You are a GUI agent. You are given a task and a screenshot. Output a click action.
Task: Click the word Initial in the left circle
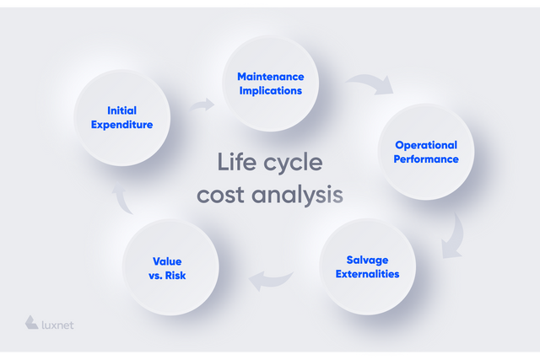point(121,110)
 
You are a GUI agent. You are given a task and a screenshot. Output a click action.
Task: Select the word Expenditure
point(121,125)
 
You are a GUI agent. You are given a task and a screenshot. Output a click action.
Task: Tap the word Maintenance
point(271,77)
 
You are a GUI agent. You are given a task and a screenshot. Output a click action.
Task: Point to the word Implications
point(271,91)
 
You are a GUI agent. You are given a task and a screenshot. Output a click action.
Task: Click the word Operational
point(426,145)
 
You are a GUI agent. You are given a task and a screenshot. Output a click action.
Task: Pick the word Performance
point(426,159)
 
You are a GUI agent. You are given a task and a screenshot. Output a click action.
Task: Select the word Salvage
point(368,261)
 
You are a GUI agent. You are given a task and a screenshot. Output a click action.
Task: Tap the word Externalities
point(368,274)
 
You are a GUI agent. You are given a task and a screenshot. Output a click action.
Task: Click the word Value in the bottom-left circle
point(167,261)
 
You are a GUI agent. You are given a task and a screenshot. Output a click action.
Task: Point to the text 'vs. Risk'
point(167,276)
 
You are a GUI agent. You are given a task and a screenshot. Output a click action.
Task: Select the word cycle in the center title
point(293,163)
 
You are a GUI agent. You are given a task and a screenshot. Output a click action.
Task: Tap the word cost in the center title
point(220,195)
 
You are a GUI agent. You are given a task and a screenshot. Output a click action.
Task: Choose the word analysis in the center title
point(297,196)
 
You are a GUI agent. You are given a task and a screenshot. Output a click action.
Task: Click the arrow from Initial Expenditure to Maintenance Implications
point(202,105)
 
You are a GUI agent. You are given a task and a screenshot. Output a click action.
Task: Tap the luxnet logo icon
point(31,322)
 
